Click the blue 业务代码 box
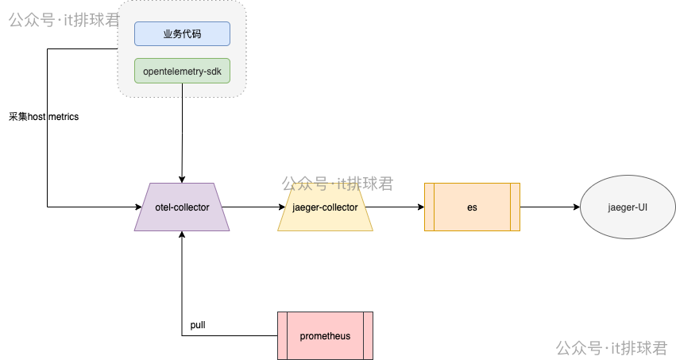(x=182, y=33)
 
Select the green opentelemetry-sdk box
(x=182, y=71)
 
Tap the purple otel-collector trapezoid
(x=182, y=207)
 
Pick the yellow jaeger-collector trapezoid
(x=325, y=207)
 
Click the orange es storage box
(x=472, y=207)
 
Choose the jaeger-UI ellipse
(x=628, y=207)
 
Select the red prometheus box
(x=325, y=335)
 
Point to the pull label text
(x=198, y=326)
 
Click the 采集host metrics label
(x=44, y=117)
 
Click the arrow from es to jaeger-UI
(x=550, y=207)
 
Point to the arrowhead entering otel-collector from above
(x=182, y=179)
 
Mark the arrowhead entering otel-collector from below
(x=182, y=235)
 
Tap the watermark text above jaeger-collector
(x=337, y=184)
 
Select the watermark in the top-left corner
(x=64, y=19)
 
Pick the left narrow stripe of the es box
(x=429, y=207)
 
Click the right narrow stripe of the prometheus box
(x=368, y=335)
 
